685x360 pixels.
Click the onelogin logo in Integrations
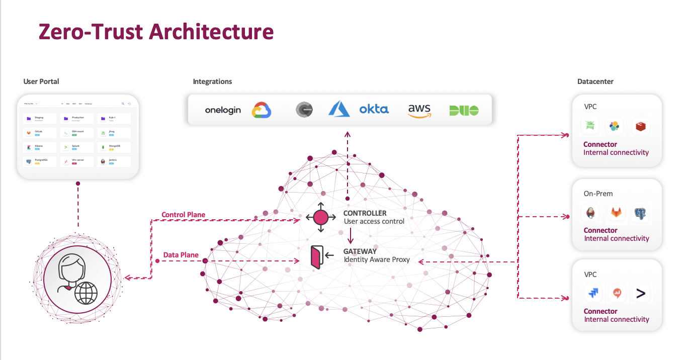tap(223, 110)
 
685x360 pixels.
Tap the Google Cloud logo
tap(262, 110)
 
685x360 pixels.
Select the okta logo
tap(374, 109)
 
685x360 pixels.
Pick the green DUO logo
tap(464, 111)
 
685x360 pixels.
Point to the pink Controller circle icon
tap(321, 217)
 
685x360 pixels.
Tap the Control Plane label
tap(183, 215)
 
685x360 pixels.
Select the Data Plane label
tap(181, 255)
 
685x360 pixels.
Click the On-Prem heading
tap(598, 194)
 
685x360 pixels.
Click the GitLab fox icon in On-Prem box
tap(616, 213)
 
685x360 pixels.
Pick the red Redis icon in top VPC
tap(640, 127)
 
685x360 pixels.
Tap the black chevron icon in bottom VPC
tap(640, 293)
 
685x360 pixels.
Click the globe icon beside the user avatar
tap(85, 293)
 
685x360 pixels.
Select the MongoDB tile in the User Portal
tap(114, 147)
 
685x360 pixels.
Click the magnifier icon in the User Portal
tap(123, 104)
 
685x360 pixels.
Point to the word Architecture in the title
tap(211, 31)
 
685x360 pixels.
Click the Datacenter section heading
tap(595, 81)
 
